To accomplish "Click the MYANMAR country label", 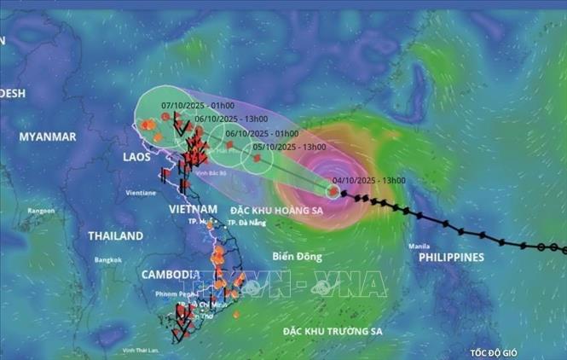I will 48,136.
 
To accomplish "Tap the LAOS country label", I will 137,157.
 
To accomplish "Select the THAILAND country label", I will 116,235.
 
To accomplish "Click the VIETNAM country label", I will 192,209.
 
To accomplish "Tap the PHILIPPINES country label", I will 451,257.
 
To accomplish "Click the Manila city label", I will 418,247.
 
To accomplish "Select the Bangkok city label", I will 108,259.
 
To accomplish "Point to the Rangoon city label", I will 40,210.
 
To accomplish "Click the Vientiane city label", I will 141,193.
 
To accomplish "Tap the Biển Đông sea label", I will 294,255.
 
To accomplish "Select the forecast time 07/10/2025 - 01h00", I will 191,107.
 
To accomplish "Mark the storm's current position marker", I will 333,191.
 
